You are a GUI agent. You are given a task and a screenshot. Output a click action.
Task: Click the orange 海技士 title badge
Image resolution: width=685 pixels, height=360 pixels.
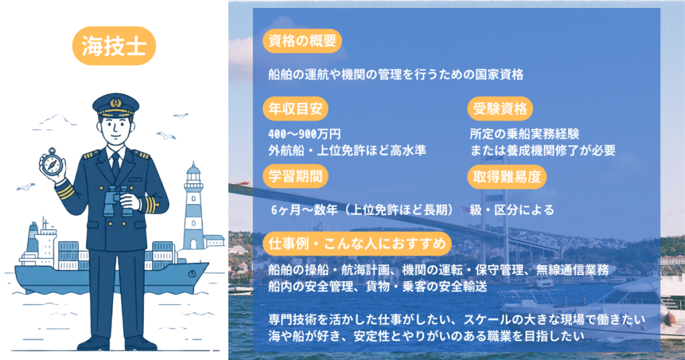114,46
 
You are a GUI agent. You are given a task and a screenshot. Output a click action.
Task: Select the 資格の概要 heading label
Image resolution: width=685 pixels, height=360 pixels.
302,41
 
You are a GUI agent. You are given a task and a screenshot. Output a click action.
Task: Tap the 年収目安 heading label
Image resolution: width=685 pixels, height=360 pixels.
295,109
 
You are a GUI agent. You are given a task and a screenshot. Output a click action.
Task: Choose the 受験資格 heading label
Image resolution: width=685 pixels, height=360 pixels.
500,109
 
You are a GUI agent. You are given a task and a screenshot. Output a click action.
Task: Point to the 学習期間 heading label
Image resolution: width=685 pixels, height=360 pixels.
295,177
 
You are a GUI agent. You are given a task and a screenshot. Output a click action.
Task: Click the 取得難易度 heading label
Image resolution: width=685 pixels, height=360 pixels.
507,177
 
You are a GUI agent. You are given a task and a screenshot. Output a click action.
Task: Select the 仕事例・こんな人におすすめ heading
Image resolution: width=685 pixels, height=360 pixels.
357,244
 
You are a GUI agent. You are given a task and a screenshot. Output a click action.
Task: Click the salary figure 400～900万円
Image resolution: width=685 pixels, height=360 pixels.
304,134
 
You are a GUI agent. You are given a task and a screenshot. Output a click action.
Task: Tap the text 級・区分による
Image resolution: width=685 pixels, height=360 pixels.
512,210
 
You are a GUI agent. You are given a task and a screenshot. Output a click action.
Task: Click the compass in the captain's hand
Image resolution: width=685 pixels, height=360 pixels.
52,163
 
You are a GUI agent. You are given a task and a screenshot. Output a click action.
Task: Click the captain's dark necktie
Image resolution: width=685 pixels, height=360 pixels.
115,165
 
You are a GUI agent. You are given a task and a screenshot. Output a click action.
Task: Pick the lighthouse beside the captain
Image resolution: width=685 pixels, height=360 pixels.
193,205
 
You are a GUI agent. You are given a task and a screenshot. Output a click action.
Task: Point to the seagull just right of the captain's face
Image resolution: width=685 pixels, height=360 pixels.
166,136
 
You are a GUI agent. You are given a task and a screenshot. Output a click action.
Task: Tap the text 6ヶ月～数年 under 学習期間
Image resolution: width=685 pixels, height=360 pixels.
304,210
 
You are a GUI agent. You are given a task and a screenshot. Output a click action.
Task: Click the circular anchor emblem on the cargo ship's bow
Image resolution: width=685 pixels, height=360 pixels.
192,274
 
